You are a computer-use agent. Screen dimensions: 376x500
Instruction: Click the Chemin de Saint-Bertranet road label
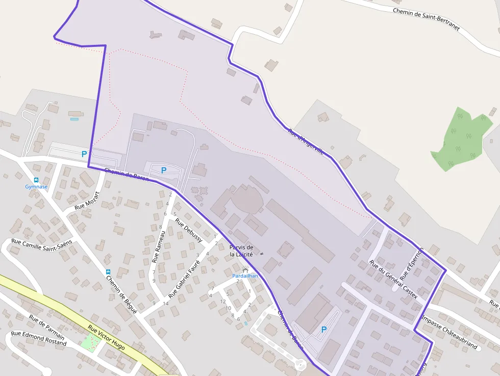tap(426, 19)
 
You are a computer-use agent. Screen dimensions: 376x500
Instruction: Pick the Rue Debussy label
tap(189, 231)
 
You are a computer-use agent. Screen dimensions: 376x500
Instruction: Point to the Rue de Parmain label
tap(46, 327)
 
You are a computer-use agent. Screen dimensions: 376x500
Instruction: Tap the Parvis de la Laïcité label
tap(241, 250)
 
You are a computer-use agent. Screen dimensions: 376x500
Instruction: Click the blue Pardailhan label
tap(245, 276)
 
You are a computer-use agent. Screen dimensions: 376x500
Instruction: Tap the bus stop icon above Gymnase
tap(36, 180)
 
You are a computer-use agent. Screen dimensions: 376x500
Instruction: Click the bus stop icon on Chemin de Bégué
tap(108, 272)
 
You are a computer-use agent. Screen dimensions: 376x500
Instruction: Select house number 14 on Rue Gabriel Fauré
tap(166, 304)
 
